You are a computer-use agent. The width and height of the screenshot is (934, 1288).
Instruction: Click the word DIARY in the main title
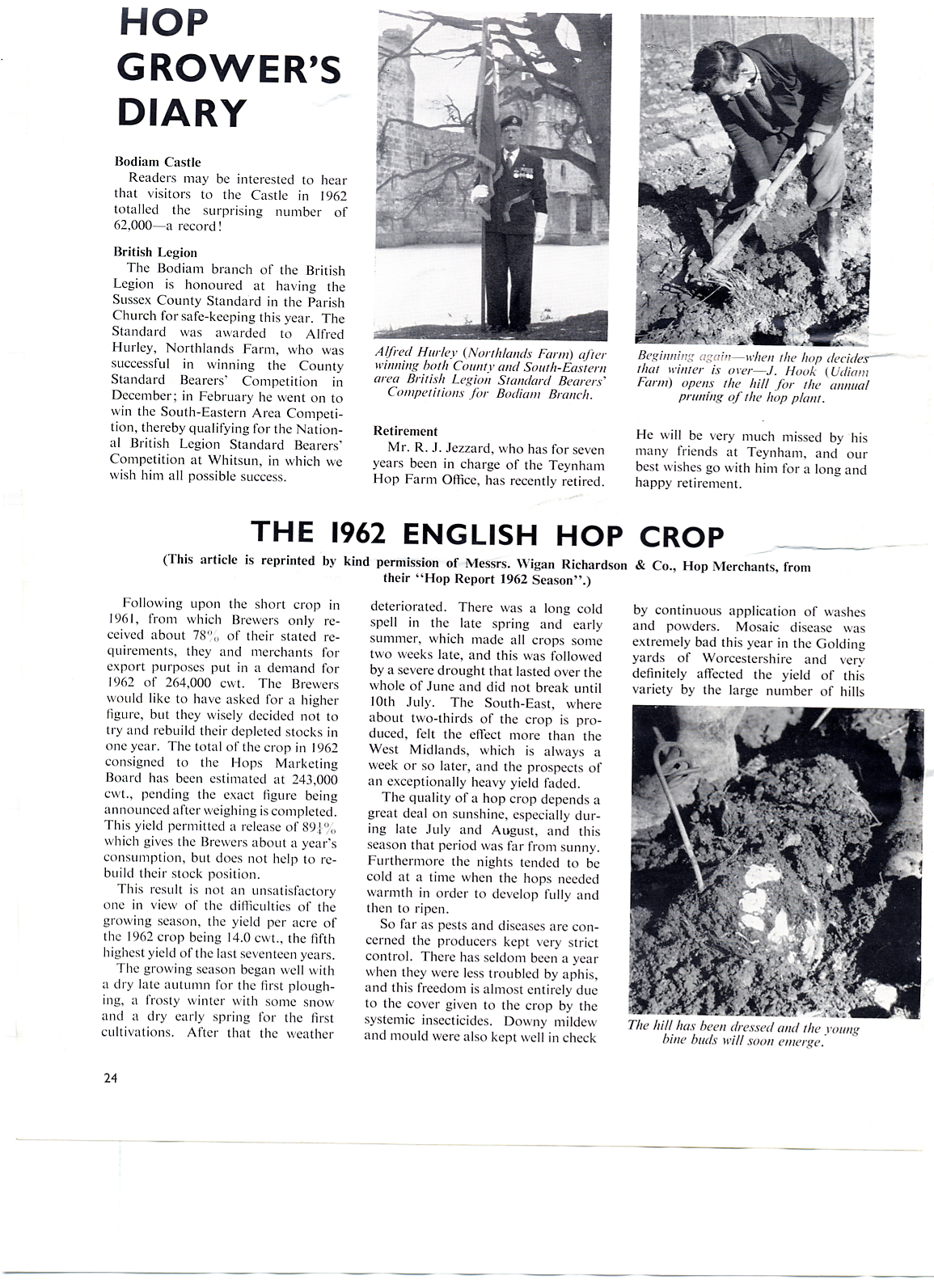coord(182,112)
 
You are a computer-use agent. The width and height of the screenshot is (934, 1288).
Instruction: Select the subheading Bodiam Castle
coord(157,162)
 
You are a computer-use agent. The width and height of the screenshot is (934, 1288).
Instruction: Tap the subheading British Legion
coord(155,252)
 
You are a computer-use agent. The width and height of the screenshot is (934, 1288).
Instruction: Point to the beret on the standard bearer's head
coord(509,120)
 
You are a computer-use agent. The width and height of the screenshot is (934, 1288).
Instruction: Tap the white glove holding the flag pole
coord(483,192)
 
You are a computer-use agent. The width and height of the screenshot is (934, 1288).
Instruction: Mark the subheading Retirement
coord(405,432)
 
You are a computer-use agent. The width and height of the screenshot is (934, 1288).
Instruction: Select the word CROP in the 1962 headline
coord(681,534)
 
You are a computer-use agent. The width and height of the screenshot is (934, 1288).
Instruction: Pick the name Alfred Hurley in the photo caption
coord(413,353)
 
